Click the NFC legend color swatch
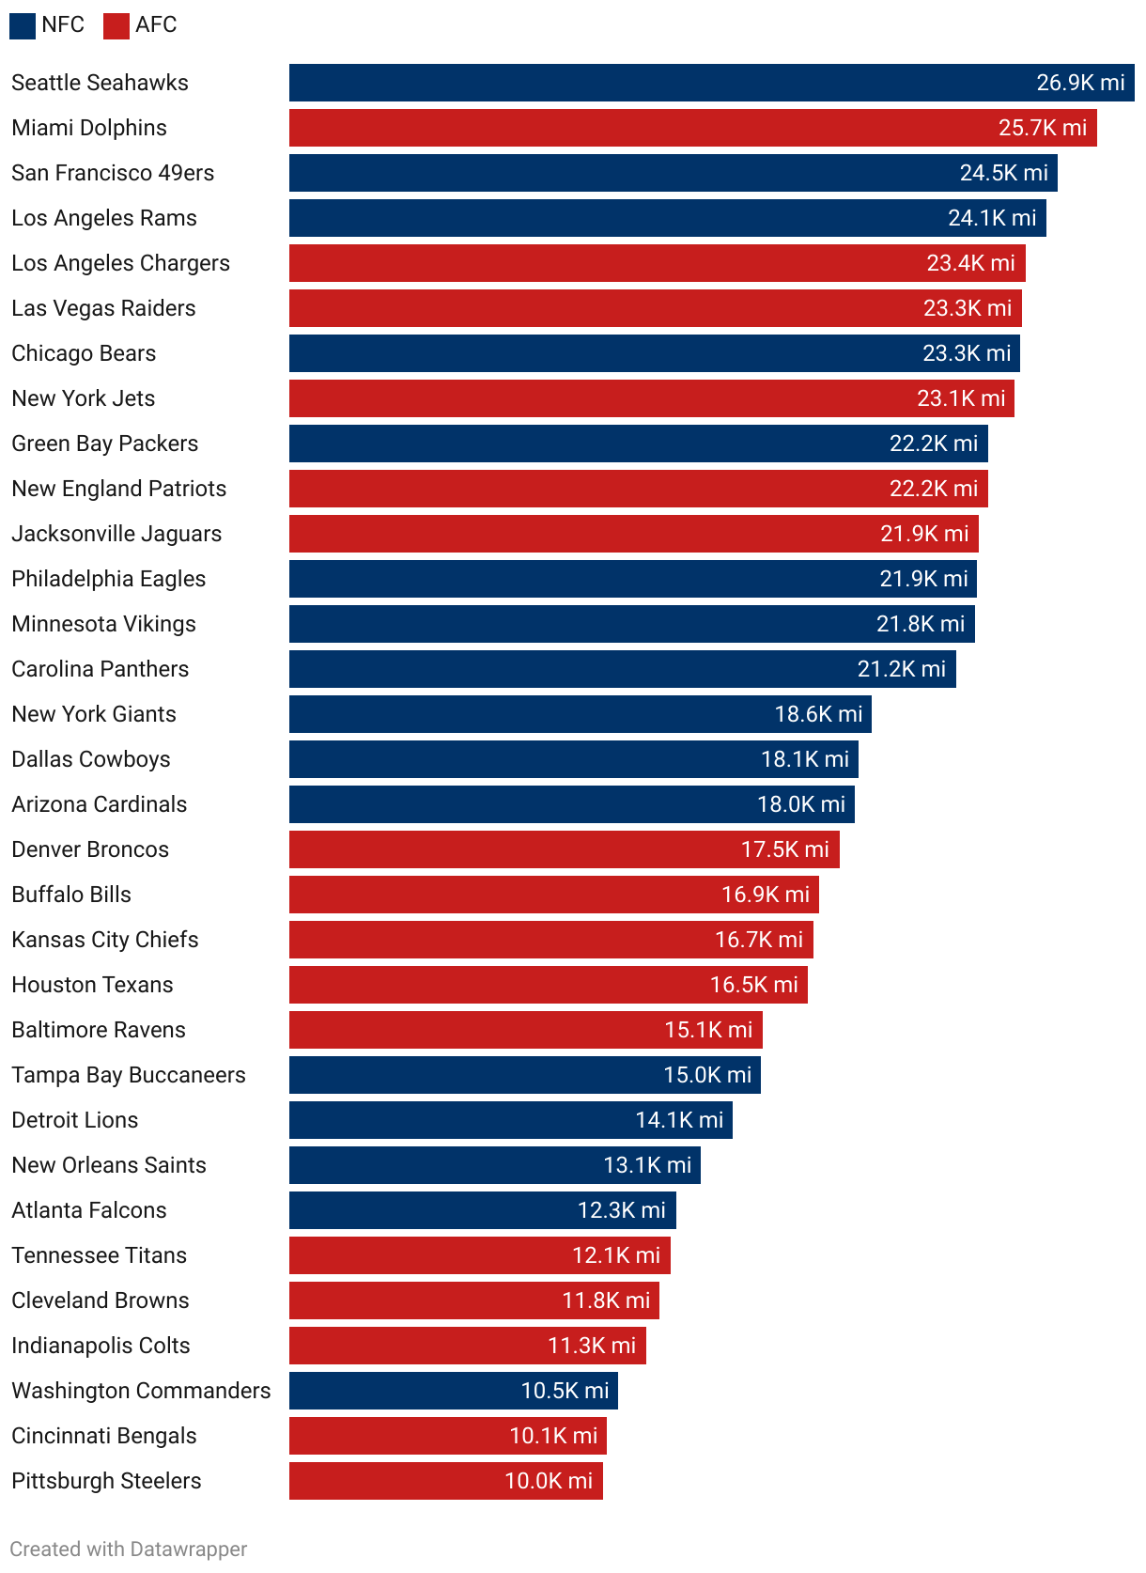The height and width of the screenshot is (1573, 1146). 23,26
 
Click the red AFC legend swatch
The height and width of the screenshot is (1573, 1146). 116,26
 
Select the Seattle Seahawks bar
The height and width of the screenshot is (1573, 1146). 658,83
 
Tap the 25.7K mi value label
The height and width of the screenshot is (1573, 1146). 1042,128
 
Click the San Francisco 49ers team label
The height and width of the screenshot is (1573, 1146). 113,173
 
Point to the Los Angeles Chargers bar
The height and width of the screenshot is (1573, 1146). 611,263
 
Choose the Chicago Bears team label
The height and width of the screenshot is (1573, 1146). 84,353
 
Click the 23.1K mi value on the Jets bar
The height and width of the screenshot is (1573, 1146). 961,398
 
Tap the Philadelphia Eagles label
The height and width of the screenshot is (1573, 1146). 108,579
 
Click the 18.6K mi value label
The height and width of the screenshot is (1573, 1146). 818,714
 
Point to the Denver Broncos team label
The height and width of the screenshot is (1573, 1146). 90,849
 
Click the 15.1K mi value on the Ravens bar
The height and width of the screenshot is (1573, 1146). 708,1030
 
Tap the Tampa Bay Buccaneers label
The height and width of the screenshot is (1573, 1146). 129,1075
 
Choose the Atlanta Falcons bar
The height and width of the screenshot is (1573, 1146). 432,1210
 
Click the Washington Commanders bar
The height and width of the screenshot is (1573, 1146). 404,1391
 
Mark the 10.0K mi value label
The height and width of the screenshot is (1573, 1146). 549,1481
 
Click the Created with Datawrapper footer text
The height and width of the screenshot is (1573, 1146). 129,1549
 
